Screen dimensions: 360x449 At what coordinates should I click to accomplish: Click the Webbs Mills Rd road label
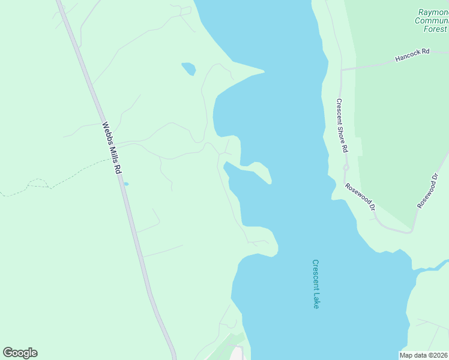tap(112, 148)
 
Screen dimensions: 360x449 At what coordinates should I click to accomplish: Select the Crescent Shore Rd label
tap(342, 125)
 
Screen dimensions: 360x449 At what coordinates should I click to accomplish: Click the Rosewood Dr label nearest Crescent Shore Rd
tap(360, 196)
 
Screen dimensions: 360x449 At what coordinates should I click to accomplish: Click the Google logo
tap(20, 353)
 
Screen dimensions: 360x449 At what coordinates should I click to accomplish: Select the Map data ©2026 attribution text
tap(424, 355)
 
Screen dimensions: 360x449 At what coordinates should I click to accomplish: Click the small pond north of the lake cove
tap(188, 68)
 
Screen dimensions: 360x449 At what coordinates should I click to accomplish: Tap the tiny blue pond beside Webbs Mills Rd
tap(126, 184)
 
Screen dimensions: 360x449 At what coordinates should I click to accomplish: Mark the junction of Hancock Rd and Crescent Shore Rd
tap(341, 70)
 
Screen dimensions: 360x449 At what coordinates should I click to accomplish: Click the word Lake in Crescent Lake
tap(316, 299)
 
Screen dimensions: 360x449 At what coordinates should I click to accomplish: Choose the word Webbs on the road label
tap(107, 132)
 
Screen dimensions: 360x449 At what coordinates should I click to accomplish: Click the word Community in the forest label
tap(432, 20)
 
